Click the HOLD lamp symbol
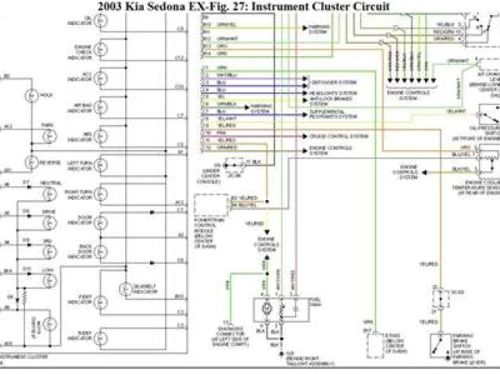pos(32,95)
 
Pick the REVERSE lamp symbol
pos(32,162)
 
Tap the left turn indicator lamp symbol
pos(102,166)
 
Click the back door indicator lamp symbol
pos(102,250)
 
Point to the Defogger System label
pos(334,82)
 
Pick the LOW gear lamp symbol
pos(32,277)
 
